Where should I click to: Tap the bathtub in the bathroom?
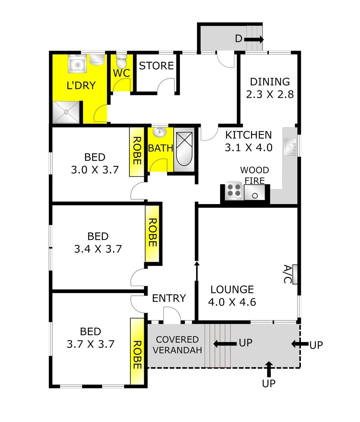(184, 149)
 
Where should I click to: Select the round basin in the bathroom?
(160, 132)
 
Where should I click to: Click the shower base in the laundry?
(66, 112)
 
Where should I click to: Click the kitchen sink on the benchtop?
(290, 147)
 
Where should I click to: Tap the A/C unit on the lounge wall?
(295, 274)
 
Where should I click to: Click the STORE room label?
(156, 66)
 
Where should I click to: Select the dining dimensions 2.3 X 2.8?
(270, 94)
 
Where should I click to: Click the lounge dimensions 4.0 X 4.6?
(232, 302)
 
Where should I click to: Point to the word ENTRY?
(169, 298)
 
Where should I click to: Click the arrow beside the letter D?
(254, 39)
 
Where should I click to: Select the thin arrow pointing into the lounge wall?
(197, 271)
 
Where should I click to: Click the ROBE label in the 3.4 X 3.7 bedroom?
(153, 233)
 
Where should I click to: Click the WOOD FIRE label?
(255, 175)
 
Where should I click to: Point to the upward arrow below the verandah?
(269, 371)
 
